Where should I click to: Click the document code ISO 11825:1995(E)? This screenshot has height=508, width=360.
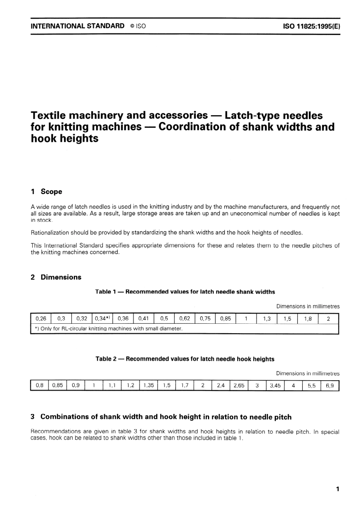tap(311, 26)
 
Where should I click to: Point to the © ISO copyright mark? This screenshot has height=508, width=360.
tap(138, 26)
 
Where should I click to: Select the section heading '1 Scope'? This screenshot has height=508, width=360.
tap(46, 191)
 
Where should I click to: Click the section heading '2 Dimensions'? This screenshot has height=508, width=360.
tap(56, 277)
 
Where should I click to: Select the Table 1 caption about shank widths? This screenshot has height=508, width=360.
tap(185, 292)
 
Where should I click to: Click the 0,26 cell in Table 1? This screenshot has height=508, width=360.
tap(41, 318)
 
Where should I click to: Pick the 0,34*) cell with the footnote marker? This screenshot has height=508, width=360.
tap(102, 318)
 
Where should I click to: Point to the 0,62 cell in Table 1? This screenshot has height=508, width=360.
tap(185, 318)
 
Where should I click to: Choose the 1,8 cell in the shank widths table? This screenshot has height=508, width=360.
tap(308, 318)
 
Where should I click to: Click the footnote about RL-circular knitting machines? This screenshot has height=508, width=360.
tap(109, 329)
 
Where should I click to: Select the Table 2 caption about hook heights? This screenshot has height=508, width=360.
tap(185, 359)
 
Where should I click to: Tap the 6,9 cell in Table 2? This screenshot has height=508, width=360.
tap(330, 386)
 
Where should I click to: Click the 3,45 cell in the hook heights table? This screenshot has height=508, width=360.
tap(275, 386)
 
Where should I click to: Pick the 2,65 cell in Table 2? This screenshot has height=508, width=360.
tap(239, 386)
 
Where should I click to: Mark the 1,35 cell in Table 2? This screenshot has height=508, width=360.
tap(148, 386)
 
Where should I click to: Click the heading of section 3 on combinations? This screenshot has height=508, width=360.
tap(161, 417)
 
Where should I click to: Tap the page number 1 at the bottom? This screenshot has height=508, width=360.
tap(337, 489)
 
